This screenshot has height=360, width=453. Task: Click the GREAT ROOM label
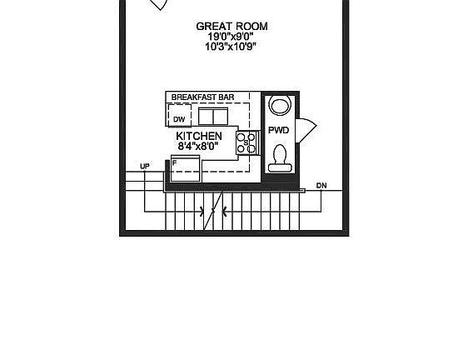point(231,27)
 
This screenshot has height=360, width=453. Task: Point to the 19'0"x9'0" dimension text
point(231,37)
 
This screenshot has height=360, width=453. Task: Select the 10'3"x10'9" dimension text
point(231,47)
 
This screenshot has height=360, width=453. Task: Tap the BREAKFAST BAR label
point(202,97)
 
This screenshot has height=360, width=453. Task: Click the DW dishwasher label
point(179,119)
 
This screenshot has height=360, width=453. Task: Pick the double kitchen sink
point(213,116)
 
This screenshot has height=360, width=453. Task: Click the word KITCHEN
point(199,136)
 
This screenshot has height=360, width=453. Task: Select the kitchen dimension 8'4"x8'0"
point(198,147)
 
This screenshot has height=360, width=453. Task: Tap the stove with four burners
point(246,142)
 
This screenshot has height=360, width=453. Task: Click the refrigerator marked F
point(185,168)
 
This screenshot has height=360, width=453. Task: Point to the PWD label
point(278,130)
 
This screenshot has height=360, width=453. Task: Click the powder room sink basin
point(279,106)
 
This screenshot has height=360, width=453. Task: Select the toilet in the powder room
point(279,158)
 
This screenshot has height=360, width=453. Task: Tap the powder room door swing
point(306,130)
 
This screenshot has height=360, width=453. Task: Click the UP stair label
point(145,167)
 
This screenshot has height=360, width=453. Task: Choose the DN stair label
point(321,185)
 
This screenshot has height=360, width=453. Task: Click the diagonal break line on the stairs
point(213,211)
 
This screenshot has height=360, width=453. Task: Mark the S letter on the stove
point(246,142)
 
